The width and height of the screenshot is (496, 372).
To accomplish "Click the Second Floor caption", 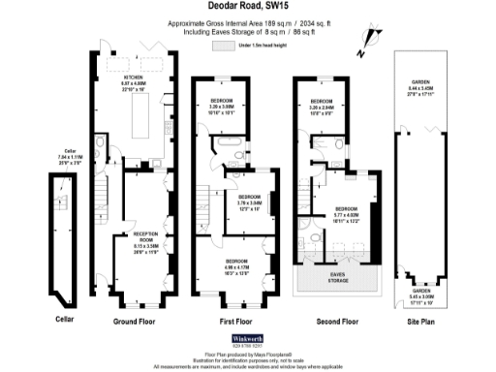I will point(337,320).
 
